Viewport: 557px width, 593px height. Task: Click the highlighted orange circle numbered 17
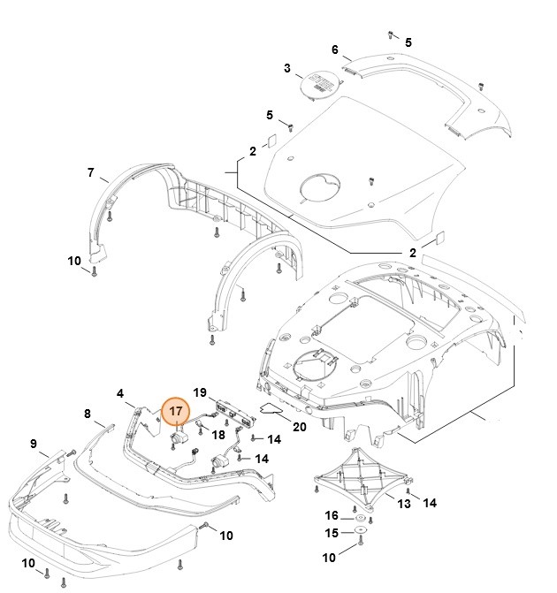point(176,411)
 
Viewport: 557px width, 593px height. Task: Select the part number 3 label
point(287,68)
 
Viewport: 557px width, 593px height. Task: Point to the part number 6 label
point(335,49)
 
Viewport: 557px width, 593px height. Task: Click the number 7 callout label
point(90,172)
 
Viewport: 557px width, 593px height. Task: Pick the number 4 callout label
point(120,393)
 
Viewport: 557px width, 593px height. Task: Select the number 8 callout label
point(87,414)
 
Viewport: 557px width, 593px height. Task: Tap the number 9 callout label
point(34,444)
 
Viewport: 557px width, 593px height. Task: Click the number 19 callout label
point(200,392)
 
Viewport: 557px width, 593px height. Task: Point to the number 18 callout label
point(218,435)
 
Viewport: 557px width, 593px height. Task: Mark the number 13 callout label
point(403,504)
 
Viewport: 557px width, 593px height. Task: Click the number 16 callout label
point(331,515)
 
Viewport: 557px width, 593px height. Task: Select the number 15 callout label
point(331,533)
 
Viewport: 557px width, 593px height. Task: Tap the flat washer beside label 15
point(362,533)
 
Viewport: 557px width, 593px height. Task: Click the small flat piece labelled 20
point(271,408)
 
